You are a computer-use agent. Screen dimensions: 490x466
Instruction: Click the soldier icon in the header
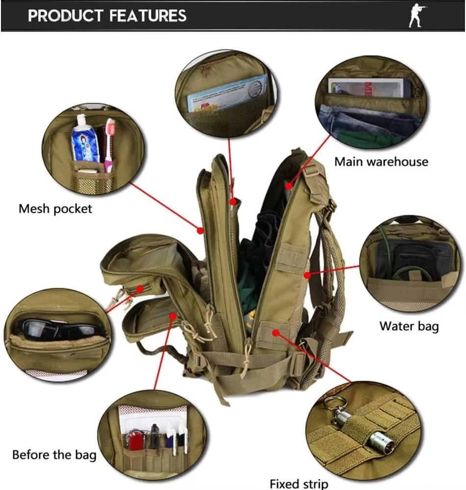[417, 16]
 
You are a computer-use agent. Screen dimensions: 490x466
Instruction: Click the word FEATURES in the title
[148, 16]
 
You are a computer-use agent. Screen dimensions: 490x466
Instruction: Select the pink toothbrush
[109, 142]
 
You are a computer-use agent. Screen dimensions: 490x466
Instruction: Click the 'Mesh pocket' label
[55, 209]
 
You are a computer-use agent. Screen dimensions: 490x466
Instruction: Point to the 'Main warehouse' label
[381, 161]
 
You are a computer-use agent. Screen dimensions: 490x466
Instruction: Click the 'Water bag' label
[409, 326]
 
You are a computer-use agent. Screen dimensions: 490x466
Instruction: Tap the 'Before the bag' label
[54, 454]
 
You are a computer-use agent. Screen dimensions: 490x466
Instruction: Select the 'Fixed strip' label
[299, 484]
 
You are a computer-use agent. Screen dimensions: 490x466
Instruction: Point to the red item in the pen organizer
[135, 440]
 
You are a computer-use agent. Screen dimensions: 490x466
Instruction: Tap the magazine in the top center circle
[227, 95]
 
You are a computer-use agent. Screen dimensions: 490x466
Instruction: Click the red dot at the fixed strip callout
[275, 333]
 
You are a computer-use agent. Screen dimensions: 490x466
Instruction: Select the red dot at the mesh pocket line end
[200, 229]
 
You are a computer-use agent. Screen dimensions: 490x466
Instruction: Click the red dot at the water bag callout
[307, 276]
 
